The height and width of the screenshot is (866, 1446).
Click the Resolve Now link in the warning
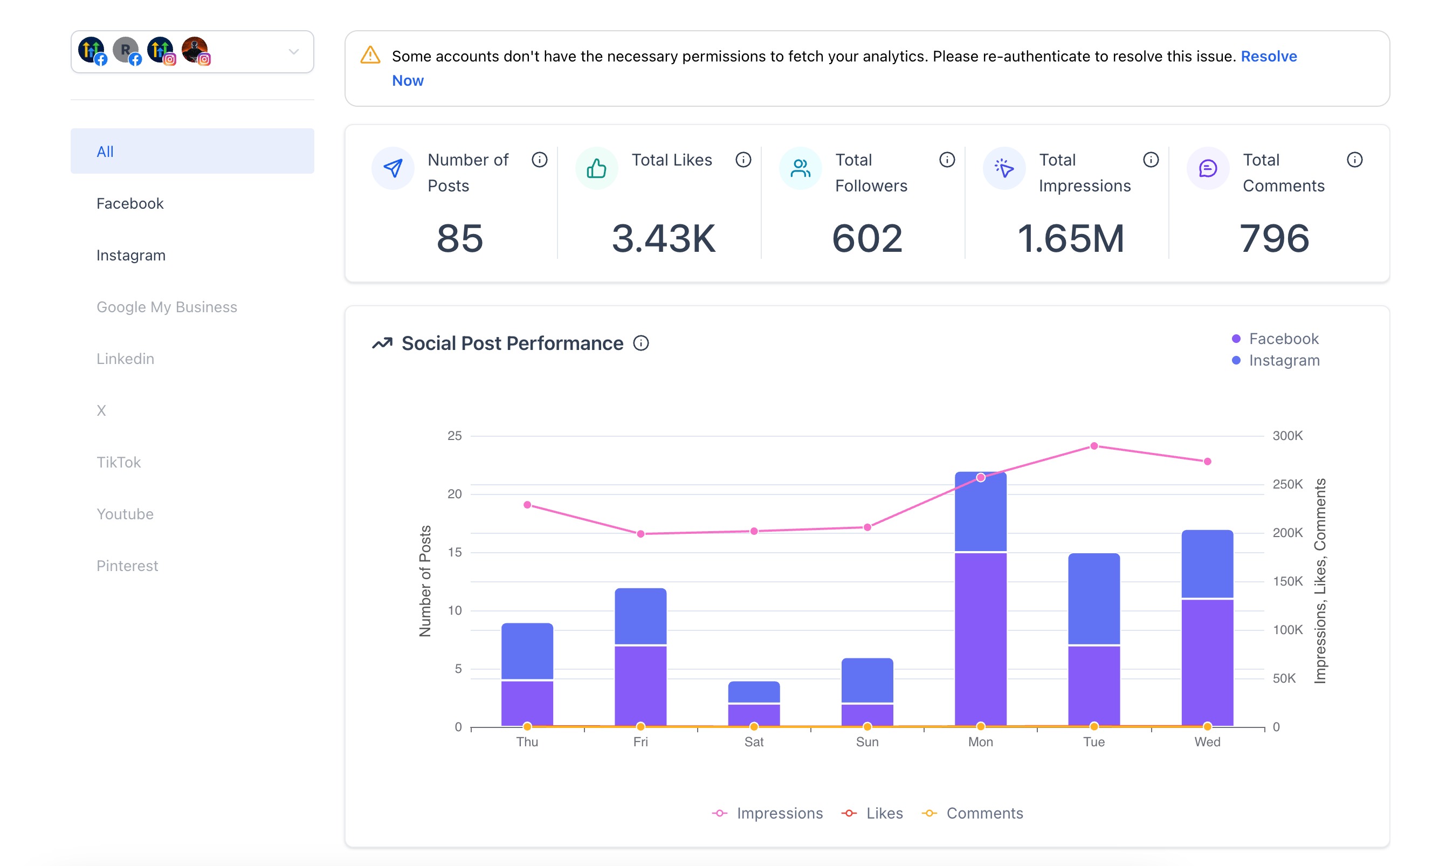(1268, 57)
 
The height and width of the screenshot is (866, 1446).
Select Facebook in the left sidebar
(130, 204)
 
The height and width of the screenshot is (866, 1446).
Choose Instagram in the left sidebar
(131, 256)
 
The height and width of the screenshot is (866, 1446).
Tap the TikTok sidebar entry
(119, 462)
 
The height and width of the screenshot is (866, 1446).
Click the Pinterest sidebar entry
(127, 566)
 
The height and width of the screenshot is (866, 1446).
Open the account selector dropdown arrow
(293, 52)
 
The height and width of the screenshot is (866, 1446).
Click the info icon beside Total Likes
(743, 160)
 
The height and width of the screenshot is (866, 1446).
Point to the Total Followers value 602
(867, 239)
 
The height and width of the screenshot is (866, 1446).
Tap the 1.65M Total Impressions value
(1070, 239)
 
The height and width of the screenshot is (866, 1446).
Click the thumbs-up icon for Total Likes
(596, 169)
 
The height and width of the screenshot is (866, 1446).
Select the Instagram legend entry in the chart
(1283, 361)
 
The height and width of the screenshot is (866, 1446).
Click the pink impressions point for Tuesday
(1094, 446)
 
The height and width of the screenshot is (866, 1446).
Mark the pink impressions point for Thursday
(527, 505)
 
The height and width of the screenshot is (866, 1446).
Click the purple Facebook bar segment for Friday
(641, 686)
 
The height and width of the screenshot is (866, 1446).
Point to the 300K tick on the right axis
(1287, 436)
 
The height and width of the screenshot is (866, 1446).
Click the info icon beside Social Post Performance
(641, 343)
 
